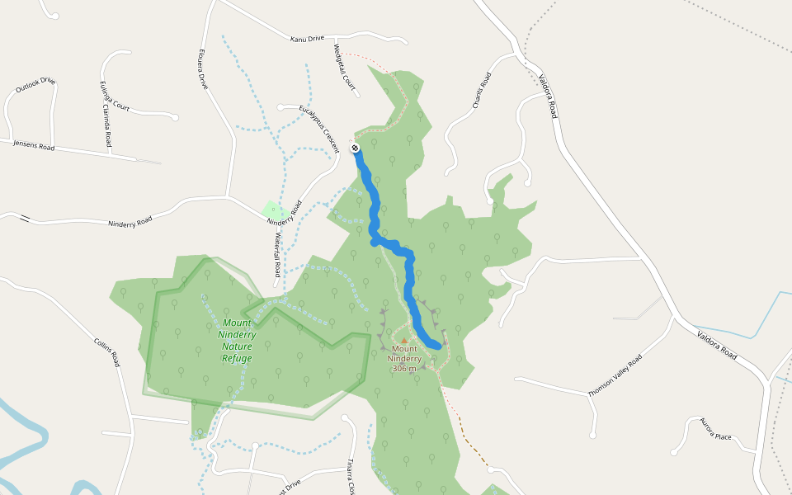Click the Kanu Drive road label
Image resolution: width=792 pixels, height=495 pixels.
[x=308, y=39]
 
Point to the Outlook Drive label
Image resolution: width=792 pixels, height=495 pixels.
[x=35, y=85]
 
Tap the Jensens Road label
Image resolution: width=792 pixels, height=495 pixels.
[x=34, y=146]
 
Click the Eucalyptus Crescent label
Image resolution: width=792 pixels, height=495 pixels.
[x=319, y=127]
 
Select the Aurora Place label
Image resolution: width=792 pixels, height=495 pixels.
[x=715, y=430]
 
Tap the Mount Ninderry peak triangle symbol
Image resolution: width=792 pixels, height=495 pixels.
[x=403, y=340]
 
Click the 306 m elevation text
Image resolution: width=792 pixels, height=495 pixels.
[x=404, y=369]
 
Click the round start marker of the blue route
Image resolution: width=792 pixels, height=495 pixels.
[x=355, y=148]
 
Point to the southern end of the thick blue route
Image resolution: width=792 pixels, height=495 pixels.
[x=438, y=345]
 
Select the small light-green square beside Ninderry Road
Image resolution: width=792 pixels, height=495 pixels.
[x=273, y=210]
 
